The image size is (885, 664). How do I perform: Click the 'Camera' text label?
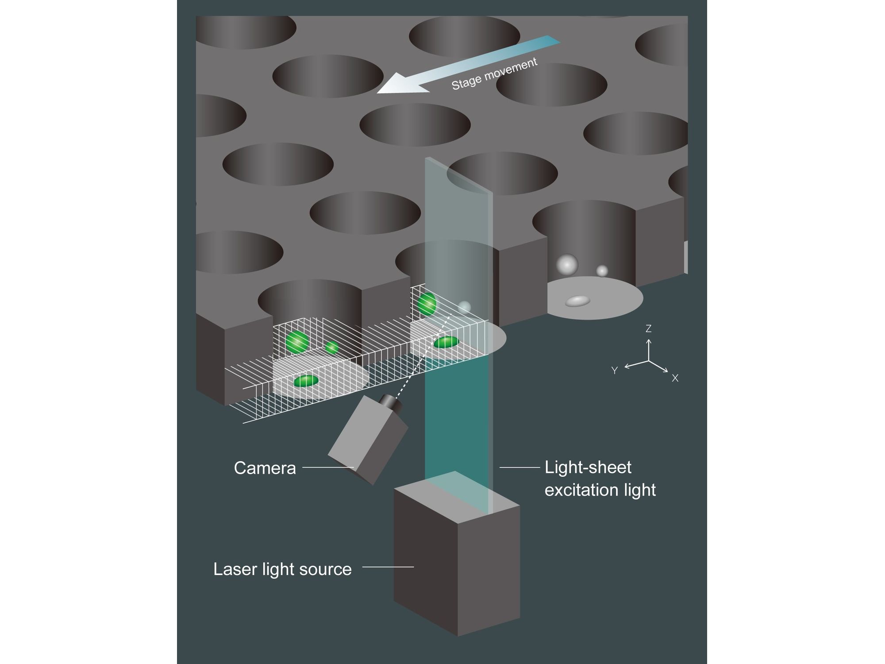point(265,468)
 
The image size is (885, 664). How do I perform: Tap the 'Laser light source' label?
point(282,569)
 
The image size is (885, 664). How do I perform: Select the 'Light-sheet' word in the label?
point(588,467)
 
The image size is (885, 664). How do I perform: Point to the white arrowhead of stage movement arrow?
point(400,84)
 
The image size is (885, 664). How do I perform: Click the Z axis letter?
point(648,328)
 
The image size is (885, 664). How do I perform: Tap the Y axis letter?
point(615,371)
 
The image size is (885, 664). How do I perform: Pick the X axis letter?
point(675,378)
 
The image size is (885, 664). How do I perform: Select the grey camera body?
point(368,441)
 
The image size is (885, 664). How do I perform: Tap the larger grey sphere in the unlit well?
point(567,265)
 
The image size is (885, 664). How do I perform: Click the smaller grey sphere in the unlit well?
point(602,271)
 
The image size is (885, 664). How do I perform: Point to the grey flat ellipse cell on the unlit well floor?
point(578,301)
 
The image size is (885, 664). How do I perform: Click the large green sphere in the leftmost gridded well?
point(297,342)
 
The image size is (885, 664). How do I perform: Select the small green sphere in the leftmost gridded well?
point(332,347)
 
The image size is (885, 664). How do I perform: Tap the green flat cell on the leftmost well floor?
point(306,381)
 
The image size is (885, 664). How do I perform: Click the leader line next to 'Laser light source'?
point(388,567)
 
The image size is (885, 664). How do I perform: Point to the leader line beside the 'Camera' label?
point(328,467)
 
